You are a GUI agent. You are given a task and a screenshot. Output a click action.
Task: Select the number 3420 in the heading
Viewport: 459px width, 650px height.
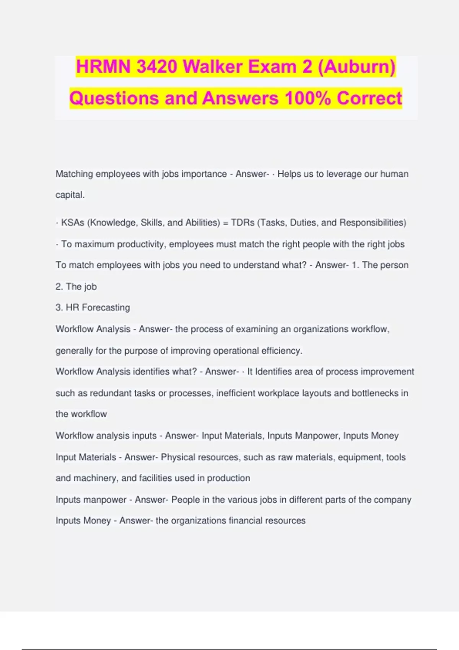(157, 67)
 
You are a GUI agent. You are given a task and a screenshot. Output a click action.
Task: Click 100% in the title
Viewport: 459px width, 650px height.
(308, 98)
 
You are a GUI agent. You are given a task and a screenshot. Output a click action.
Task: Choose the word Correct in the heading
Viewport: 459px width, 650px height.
(369, 98)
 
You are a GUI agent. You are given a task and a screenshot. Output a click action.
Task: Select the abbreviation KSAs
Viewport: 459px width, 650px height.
(73, 223)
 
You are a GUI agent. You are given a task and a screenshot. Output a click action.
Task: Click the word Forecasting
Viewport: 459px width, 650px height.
(106, 307)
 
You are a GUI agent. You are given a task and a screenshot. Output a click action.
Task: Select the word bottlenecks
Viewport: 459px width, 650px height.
(375, 393)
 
